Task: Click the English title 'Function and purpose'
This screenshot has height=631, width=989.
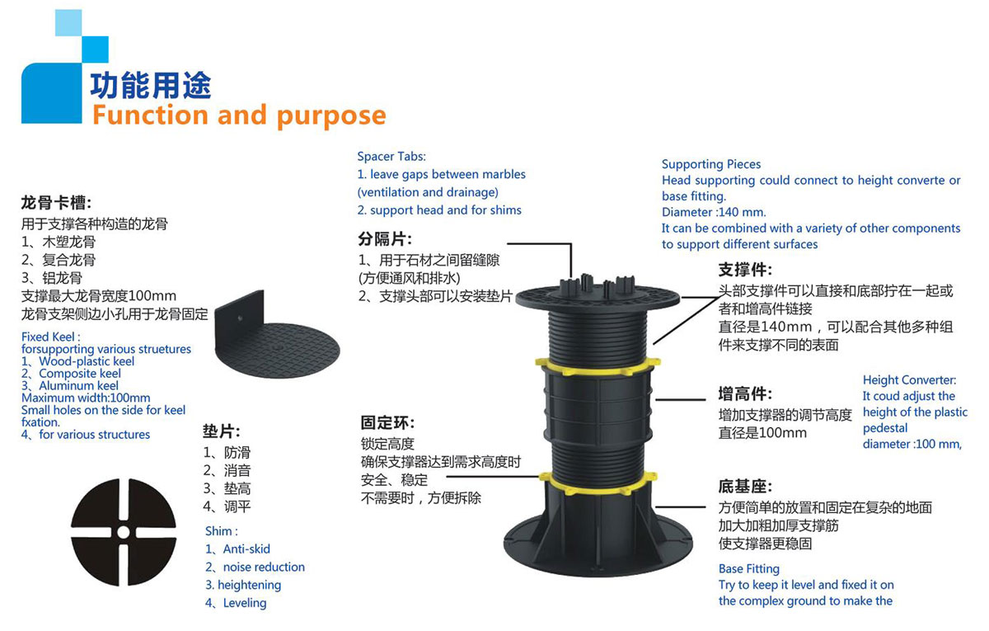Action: pyautogui.click(x=238, y=115)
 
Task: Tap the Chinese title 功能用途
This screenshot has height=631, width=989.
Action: pyautogui.click(x=152, y=85)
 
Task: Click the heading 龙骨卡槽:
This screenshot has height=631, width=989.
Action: pyautogui.click(x=56, y=203)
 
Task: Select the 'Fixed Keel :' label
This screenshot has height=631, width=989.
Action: pyautogui.click(x=51, y=337)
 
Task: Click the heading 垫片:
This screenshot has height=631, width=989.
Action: pyautogui.click(x=222, y=431)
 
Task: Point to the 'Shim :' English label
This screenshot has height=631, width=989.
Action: pyautogui.click(x=221, y=531)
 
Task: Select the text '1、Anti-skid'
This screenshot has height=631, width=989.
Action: pyautogui.click(x=237, y=549)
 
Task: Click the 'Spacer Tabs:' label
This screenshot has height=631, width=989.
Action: pyautogui.click(x=391, y=156)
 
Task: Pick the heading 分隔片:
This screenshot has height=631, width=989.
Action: pyautogui.click(x=385, y=239)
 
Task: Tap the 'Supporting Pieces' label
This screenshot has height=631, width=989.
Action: pyautogui.click(x=711, y=164)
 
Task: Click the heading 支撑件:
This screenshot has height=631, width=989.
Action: pyautogui.click(x=745, y=271)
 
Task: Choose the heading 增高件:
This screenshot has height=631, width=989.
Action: pyautogui.click(x=745, y=393)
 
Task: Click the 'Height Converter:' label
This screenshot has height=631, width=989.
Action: pyautogui.click(x=909, y=380)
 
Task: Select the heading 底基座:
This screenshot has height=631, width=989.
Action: pyautogui.click(x=745, y=487)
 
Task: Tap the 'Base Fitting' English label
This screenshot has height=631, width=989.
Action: pyautogui.click(x=748, y=568)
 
